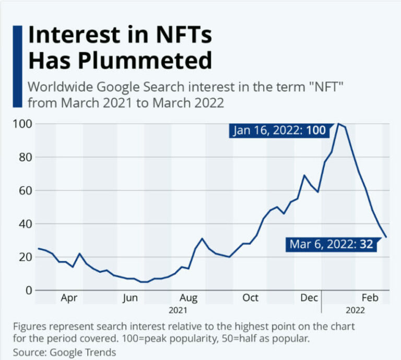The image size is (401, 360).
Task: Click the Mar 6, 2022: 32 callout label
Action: click(x=331, y=244)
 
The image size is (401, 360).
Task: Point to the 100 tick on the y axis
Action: click(x=20, y=124)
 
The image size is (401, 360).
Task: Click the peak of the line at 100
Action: click(x=338, y=124)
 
